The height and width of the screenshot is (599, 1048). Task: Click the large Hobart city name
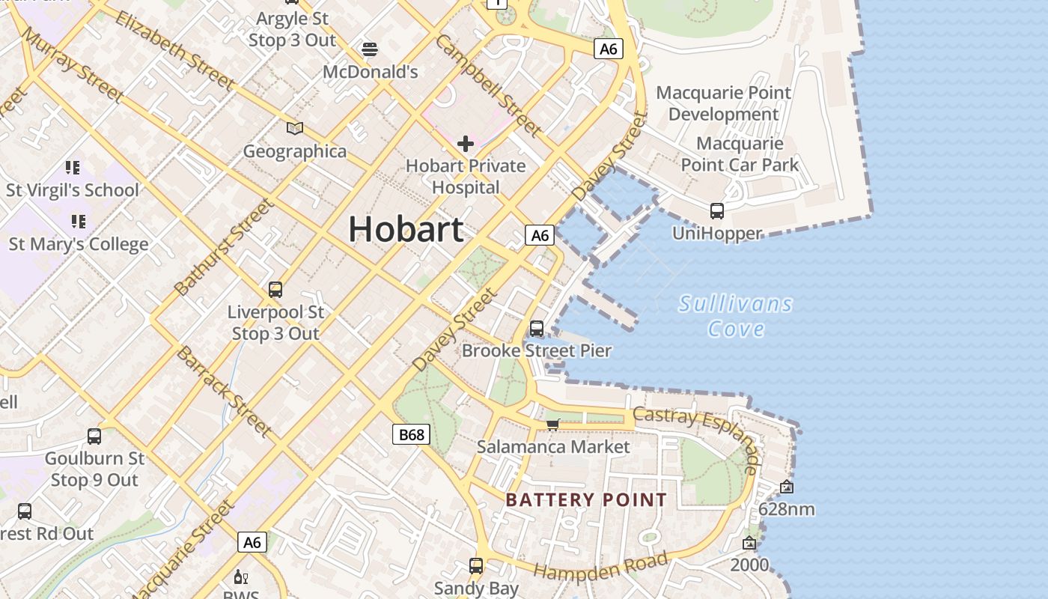pos(406,228)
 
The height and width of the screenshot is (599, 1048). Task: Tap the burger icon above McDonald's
pos(369,49)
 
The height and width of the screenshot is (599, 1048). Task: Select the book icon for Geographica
pos(295,129)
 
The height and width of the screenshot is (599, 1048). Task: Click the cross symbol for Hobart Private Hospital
pos(466,143)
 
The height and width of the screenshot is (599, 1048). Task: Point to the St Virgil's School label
pos(73,190)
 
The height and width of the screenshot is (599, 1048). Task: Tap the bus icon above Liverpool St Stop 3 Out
pos(275,290)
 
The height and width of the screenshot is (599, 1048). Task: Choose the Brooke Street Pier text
pos(537,350)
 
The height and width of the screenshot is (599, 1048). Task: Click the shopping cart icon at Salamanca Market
pos(553,425)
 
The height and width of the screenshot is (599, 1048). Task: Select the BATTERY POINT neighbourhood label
pos(586,500)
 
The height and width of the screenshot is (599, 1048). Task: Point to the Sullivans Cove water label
pos(735,316)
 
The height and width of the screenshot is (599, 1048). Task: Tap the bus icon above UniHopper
pos(717,211)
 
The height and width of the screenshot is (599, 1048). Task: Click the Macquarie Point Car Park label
pos(740,154)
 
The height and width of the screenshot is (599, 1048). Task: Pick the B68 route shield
pos(411,434)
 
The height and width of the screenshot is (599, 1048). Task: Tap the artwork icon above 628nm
pos(786,487)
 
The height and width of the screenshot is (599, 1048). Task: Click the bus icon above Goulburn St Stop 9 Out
pos(94,436)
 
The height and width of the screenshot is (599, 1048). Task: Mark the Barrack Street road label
pos(223,392)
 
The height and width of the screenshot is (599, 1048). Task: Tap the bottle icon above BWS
pos(241,577)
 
